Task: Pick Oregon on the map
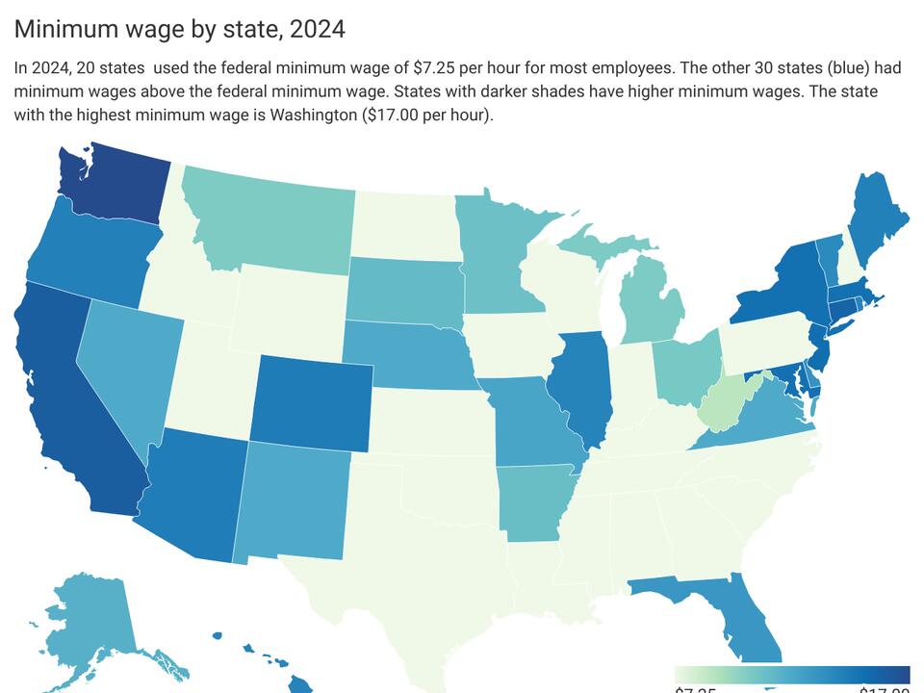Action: (87, 255)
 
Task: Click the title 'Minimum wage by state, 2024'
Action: (179, 29)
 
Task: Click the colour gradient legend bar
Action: (792, 673)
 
